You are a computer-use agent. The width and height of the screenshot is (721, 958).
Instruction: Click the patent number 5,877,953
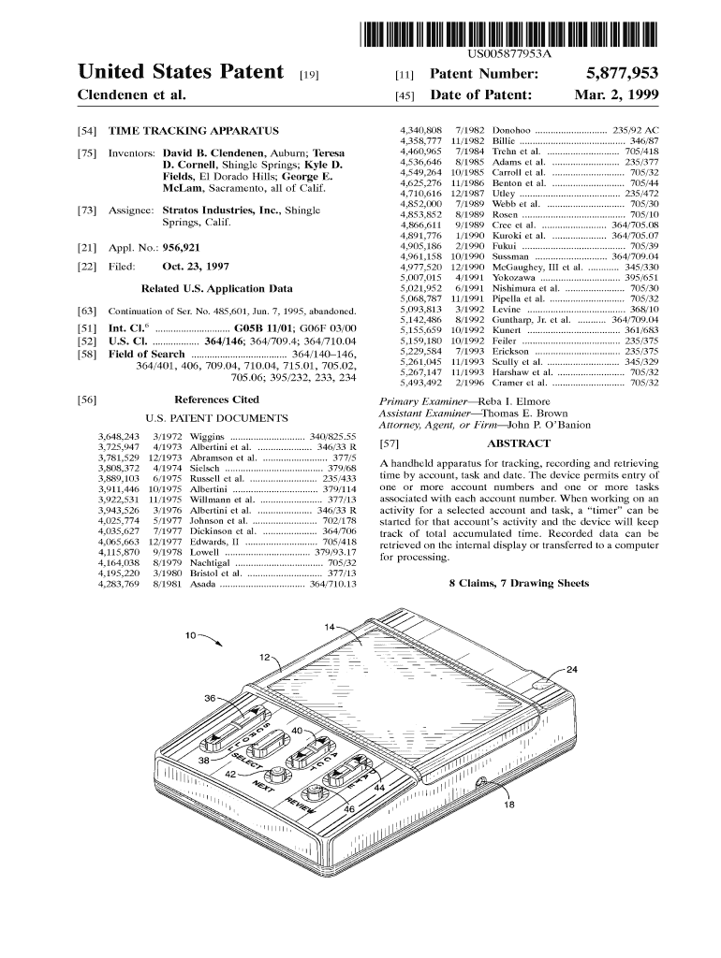(622, 73)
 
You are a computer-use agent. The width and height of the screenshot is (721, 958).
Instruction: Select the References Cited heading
(216, 399)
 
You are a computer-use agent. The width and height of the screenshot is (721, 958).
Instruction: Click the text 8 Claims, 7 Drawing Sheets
(519, 584)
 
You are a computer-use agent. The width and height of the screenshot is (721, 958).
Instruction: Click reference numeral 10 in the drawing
(190, 636)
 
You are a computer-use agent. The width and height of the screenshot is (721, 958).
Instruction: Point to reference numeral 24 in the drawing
(572, 669)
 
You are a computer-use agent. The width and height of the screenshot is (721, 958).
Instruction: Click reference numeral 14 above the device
(330, 626)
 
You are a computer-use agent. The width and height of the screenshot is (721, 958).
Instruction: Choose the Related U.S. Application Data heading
(216, 288)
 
